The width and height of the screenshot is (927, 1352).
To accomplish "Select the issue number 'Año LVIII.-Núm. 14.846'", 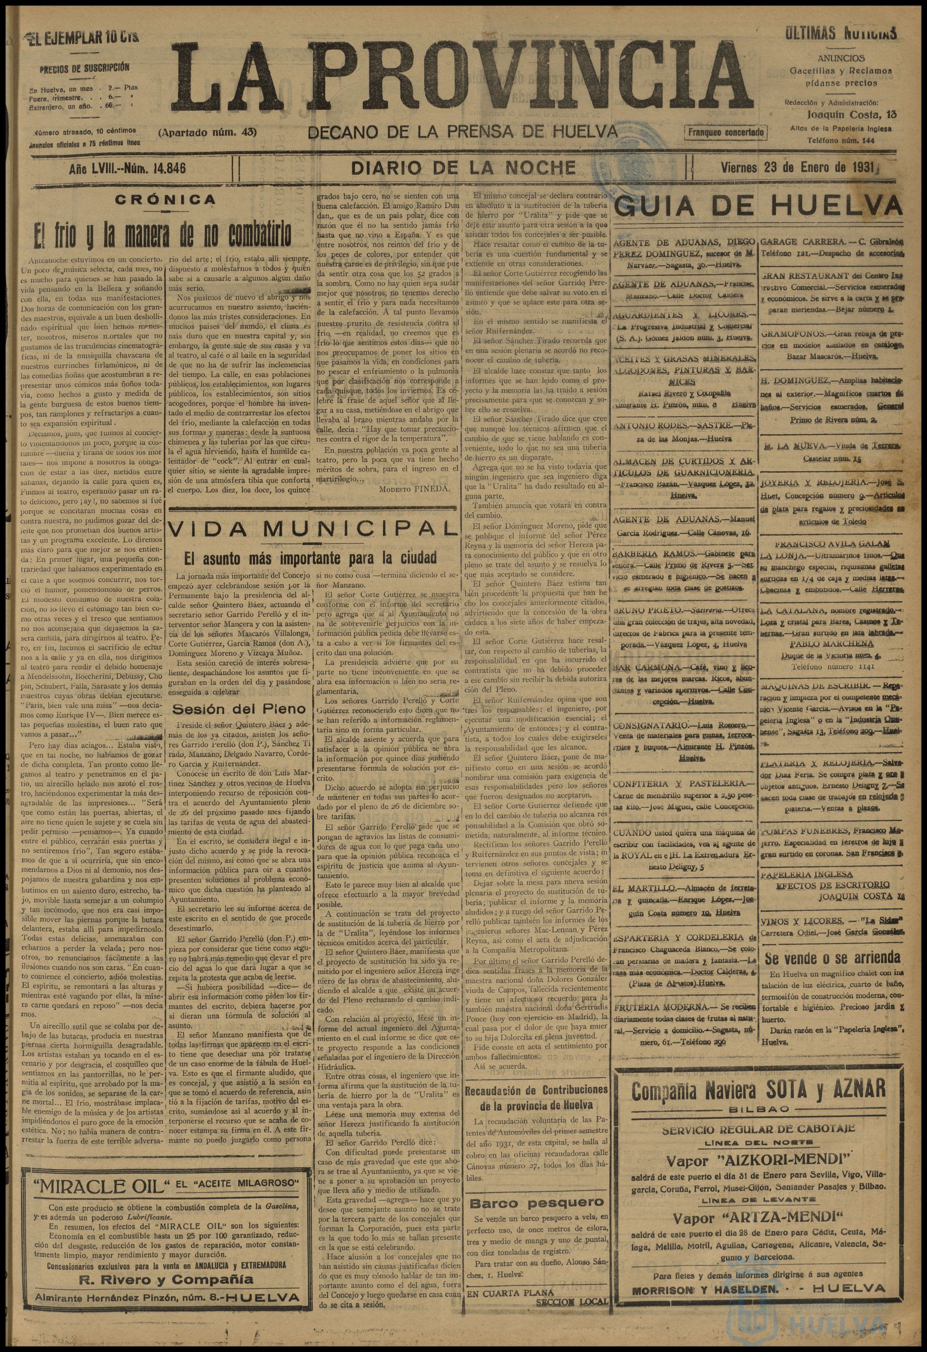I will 127,169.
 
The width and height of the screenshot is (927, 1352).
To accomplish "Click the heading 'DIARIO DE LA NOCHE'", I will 463,168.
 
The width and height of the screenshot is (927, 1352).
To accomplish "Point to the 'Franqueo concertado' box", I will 725,133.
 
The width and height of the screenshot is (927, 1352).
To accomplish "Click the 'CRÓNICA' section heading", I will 165,200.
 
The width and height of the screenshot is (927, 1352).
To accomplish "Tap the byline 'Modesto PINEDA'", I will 414,489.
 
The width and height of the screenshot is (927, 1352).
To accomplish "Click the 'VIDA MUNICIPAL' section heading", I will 312,528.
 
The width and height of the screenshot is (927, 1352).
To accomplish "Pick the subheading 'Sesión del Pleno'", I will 239,709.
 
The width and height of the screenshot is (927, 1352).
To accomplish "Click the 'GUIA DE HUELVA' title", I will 758,206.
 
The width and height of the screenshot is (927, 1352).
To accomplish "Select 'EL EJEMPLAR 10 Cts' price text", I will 82,39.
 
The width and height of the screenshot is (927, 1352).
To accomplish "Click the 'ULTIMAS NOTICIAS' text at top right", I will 840,33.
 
